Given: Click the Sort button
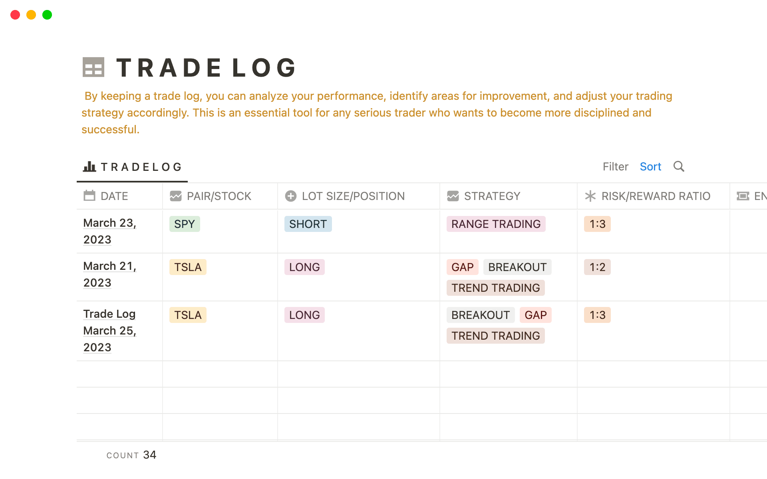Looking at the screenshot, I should tap(650, 166).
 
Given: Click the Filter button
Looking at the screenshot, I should tap(615, 166).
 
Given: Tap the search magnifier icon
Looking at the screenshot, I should tap(679, 166).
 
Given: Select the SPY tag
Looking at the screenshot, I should tap(185, 224).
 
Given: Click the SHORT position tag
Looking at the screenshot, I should tap(308, 224).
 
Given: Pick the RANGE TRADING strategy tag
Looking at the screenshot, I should tap(496, 224).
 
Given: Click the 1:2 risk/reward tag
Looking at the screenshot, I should tap(597, 267).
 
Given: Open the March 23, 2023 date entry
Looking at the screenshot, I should tap(109, 231).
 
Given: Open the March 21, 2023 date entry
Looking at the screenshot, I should tap(109, 274).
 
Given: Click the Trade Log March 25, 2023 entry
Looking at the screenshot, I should tap(109, 331).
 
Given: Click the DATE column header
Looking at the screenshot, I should tap(114, 196).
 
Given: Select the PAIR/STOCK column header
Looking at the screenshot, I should tap(219, 196).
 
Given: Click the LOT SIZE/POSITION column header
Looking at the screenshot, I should tap(353, 196).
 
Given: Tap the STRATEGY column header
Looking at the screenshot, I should tap(492, 196).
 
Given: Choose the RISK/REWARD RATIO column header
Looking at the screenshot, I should tap(656, 196).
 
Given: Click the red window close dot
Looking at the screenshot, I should tap(15, 15).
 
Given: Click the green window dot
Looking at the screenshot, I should tap(47, 15).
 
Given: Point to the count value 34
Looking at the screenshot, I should tap(149, 455).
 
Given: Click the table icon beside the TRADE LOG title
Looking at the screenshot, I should tap(93, 67).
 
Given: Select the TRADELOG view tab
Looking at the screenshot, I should tap(133, 167).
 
